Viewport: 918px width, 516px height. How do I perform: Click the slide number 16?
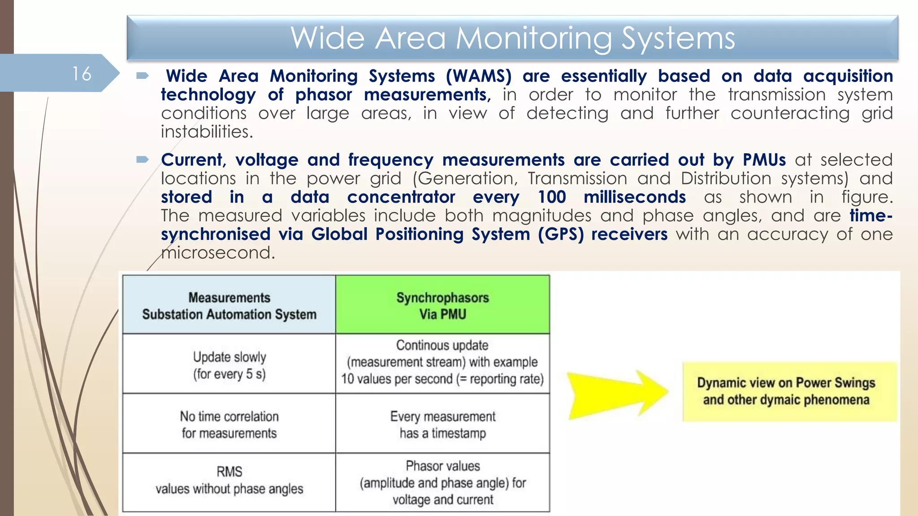pyautogui.click(x=82, y=74)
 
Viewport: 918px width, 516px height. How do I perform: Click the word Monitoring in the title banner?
pyautogui.click(x=534, y=38)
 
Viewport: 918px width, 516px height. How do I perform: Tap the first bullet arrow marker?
pyautogui.click(x=143, y=76)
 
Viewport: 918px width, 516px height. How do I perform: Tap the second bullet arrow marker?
pyautogui.click(x=143, y=159)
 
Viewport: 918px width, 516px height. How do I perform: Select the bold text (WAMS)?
pyautogui.click(x=478, y=76)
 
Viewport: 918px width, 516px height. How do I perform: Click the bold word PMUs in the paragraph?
pyautogui.click(x=764, y=160)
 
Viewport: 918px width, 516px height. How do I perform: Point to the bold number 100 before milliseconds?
pyautogui.click(x=552, y=197)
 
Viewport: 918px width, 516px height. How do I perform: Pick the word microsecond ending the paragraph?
pyautogui.click(x=217, y=253)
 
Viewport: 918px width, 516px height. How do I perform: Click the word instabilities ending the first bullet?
pyautogui.click(x=207, y=132)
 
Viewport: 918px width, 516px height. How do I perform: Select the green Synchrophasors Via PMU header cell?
pyautogui.click(x=442, y=305)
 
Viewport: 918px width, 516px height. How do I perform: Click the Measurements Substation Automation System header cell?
pyautogui.click(x=229, y=305)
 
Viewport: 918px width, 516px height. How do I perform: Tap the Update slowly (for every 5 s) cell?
pyautogui.click(x=229, y=365)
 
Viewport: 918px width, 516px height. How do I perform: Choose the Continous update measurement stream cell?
pyautogui.click(x=442, y=362)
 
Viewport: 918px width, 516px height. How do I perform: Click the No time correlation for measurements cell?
pyautogui.click(x=229, y=424)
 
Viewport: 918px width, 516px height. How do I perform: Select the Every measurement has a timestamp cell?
pyautogui.click(x=442, y=424)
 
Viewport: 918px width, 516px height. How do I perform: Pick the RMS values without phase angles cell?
pyautogui.click(x=229, y=480)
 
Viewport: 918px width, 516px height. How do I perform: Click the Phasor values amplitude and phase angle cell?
pyautogui.click(x=442, y=482)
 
